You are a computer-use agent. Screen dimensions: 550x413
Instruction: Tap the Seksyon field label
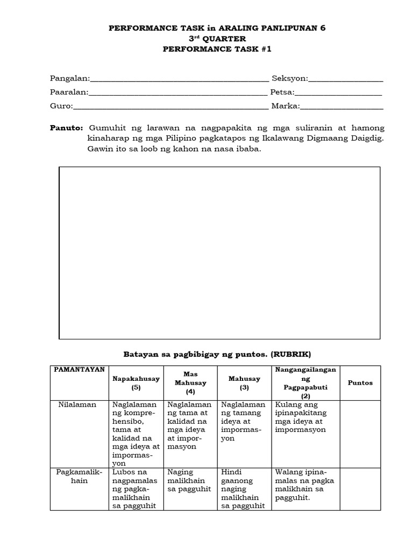pyautogui.click(x=289, y=78)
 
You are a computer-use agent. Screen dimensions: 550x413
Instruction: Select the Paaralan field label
pyautogui.click(x=69, y=92)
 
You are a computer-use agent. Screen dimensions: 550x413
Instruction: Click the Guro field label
pyautogui.click(x=61, y=106)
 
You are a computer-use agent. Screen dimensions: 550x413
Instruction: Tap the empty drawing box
pyautogui.click(x=219, y=252)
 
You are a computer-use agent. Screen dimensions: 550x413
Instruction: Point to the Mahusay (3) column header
pyautogui.click(x=244, y=383)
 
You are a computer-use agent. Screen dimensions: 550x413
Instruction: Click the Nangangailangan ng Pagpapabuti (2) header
pyautogui.click(x=305, y=383)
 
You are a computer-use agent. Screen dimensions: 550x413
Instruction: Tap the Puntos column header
pyautogui.click(x=360, y=383)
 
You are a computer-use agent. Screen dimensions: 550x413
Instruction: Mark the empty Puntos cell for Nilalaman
pyautogui.click(x=360, y=433)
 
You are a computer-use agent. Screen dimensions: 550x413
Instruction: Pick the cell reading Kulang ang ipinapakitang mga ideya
pyautogui.click(x=305, y=417)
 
